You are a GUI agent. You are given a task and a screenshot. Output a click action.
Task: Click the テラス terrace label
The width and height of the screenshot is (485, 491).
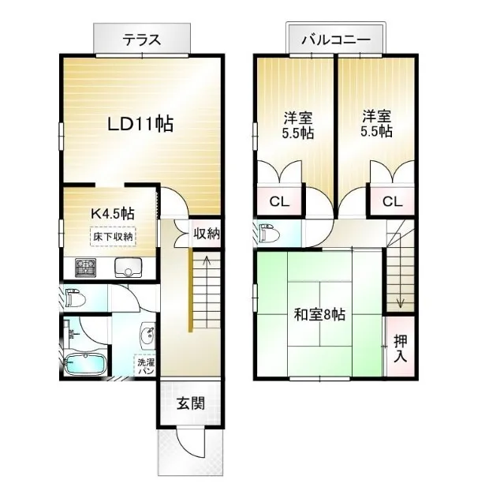pyautogui.click(x=142, y=40)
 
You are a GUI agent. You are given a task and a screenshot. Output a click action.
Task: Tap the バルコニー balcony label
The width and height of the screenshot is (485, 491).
pyautogui.click(x=336, y=39)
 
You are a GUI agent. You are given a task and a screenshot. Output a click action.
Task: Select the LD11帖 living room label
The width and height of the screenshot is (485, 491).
pyautogui.click(x=140, y=124)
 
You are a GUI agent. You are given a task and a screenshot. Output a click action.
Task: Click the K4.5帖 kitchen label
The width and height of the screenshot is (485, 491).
pyautogui.click(x=113, y=214)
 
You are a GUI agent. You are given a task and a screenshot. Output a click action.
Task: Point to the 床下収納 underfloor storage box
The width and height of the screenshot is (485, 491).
pyautogui.click(x=113, y=236)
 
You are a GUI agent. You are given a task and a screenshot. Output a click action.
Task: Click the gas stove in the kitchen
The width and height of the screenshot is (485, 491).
pyautogui.click(x=85, y=268)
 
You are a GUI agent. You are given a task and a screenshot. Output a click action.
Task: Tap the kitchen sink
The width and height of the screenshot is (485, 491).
pyautogui.click(x=129, y=268)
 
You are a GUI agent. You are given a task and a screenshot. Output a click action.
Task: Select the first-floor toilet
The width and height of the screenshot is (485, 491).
pyautogui.click(x=75, y=298)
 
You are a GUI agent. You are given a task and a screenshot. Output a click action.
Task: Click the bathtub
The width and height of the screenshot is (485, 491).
pyautogui.click(x=84, y=364)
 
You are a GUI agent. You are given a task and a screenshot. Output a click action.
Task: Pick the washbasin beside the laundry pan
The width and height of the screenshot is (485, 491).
pyautogui.click(x=147, y=335)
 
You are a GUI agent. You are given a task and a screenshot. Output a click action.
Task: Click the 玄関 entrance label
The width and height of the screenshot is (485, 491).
pyautogui.click(x=191, y=403)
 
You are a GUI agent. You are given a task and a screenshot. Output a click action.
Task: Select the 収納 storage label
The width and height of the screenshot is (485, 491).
pyautogui.click(x=206, y=234)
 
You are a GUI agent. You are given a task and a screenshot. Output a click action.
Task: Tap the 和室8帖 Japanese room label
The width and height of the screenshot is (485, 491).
pyautogui.click(x=319, y=314)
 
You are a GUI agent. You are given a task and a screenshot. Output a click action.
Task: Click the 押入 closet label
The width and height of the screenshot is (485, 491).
pyautogui.click(x=401, y=349)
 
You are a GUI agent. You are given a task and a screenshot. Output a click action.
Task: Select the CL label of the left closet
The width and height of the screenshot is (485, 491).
pyautogui.click(x=279, y=202)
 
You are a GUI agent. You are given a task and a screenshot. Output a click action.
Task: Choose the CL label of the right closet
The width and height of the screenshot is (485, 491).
pyautogui.click(x=393, y=202)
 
